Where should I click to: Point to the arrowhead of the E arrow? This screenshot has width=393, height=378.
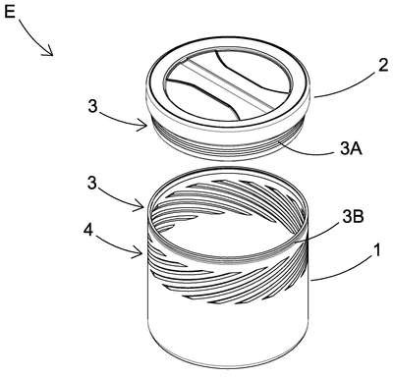(48, 51)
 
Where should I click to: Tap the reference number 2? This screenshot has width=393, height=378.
(383, 65)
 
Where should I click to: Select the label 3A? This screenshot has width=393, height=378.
(351, 149)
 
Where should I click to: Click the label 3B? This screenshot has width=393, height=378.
(353, 218)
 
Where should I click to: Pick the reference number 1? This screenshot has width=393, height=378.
(377, 251)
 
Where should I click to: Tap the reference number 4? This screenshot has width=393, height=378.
(87, 231)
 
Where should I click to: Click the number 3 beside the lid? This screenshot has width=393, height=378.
(93, 107)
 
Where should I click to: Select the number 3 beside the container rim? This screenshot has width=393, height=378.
(92, 184)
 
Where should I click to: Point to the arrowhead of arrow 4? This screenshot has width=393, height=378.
(140, 253)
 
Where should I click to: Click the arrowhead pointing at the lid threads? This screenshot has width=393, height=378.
(142, 125)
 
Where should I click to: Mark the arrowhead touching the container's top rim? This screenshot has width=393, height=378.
(140, 207)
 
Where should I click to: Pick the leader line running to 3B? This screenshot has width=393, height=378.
(316, 230)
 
